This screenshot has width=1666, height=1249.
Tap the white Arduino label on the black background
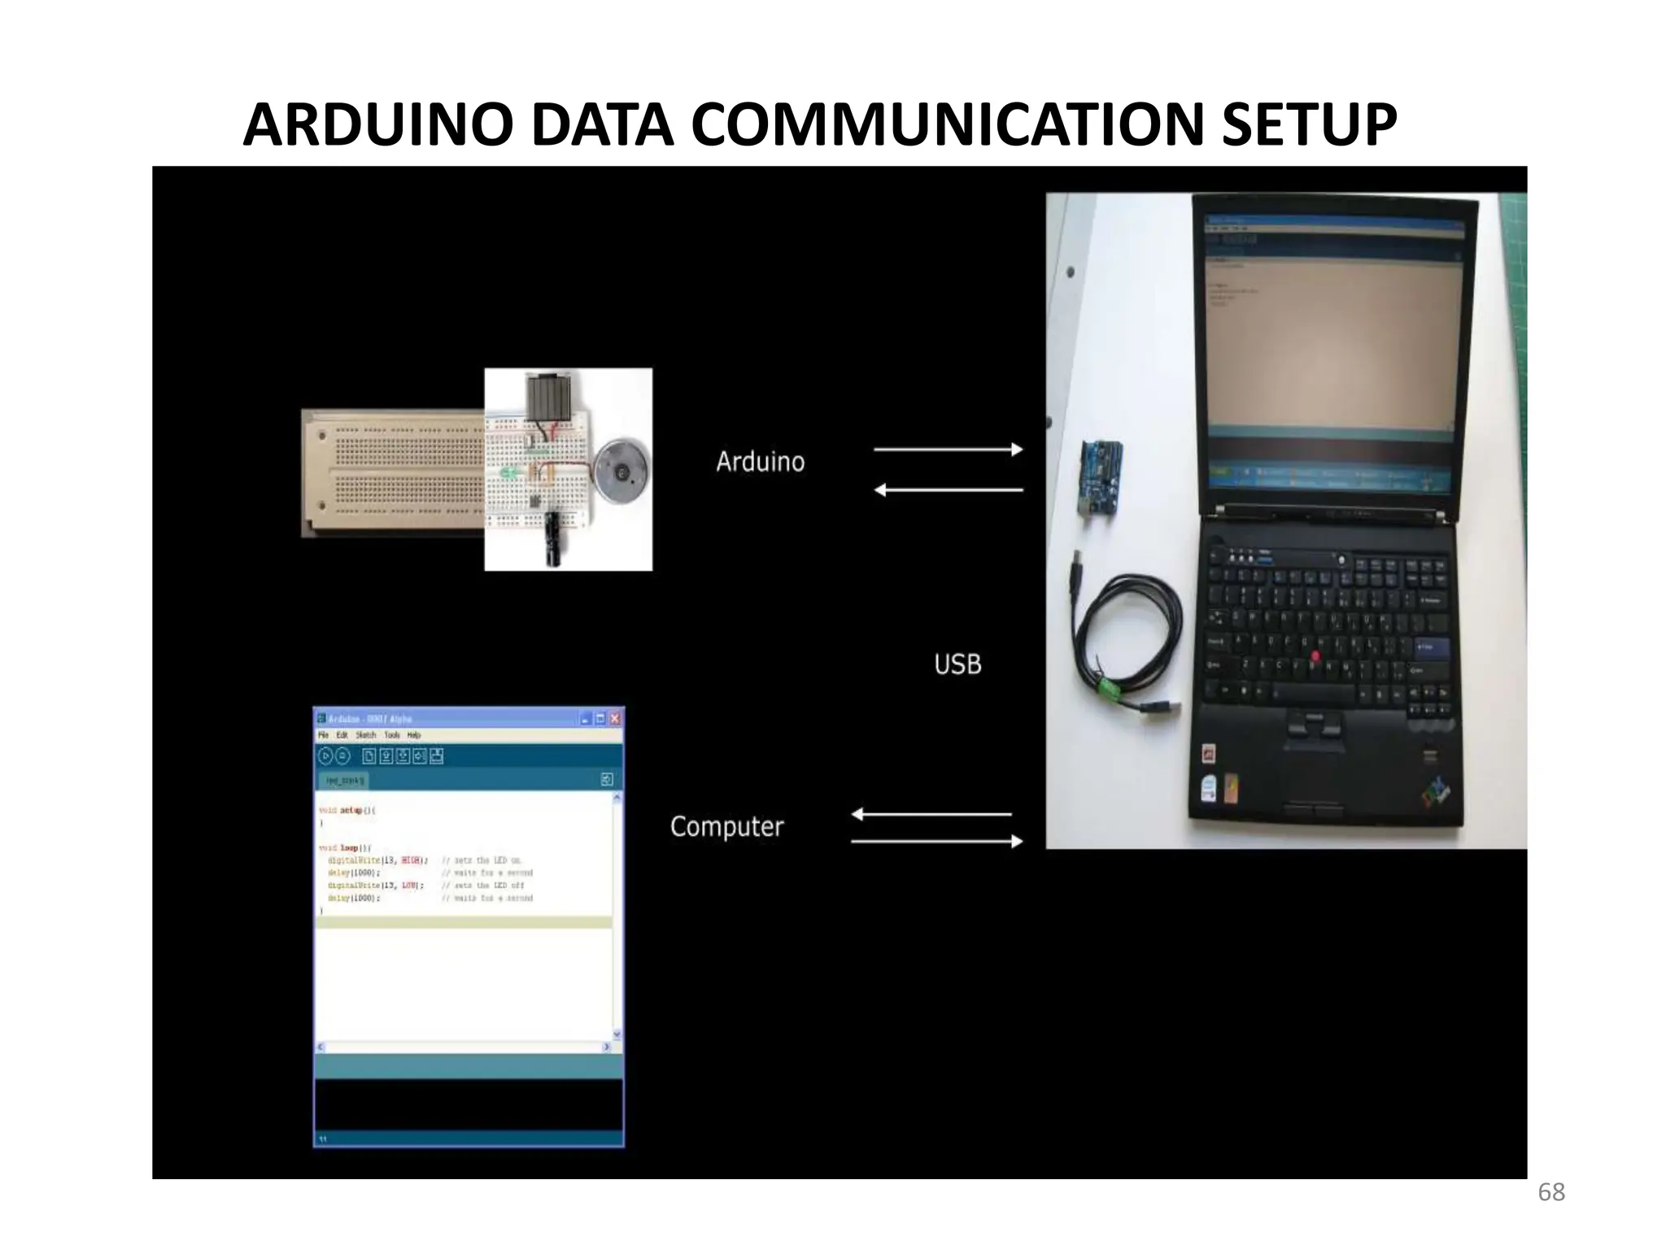(x=760, y=462)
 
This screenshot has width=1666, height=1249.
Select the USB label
(x=957, y=664)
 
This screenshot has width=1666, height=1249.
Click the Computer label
(x=726, y=827)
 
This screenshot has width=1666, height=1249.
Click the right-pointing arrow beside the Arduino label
(x=948, y=449)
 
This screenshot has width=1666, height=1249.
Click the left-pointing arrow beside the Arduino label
(x=948, y=490)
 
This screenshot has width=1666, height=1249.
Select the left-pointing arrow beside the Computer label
(x=931, y=814)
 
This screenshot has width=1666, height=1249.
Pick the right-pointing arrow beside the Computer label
(x=936, y=842)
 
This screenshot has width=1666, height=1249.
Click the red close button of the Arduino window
(x=615, y=719)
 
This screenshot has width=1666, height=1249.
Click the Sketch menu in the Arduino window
(x=366, y=735)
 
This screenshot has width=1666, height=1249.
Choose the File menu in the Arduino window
(x=324, y=735)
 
